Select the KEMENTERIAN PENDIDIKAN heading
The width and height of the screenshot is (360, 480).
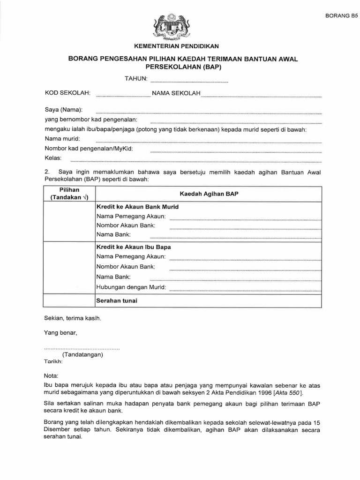[x=173, y=46]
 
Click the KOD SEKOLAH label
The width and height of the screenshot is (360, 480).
[x=67, y=93]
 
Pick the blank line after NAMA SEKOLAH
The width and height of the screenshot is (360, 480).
[x=261, y=97]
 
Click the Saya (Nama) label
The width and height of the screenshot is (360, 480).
[x=64, y=110]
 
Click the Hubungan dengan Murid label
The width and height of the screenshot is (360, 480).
[x=131, y=287]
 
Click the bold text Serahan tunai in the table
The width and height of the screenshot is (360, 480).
[x=117, y=300]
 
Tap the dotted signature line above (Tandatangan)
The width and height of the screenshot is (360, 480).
[x=82, y=348]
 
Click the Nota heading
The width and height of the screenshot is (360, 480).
[x=51, y=376]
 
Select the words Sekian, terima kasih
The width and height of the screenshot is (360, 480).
[x=72, y=318]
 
